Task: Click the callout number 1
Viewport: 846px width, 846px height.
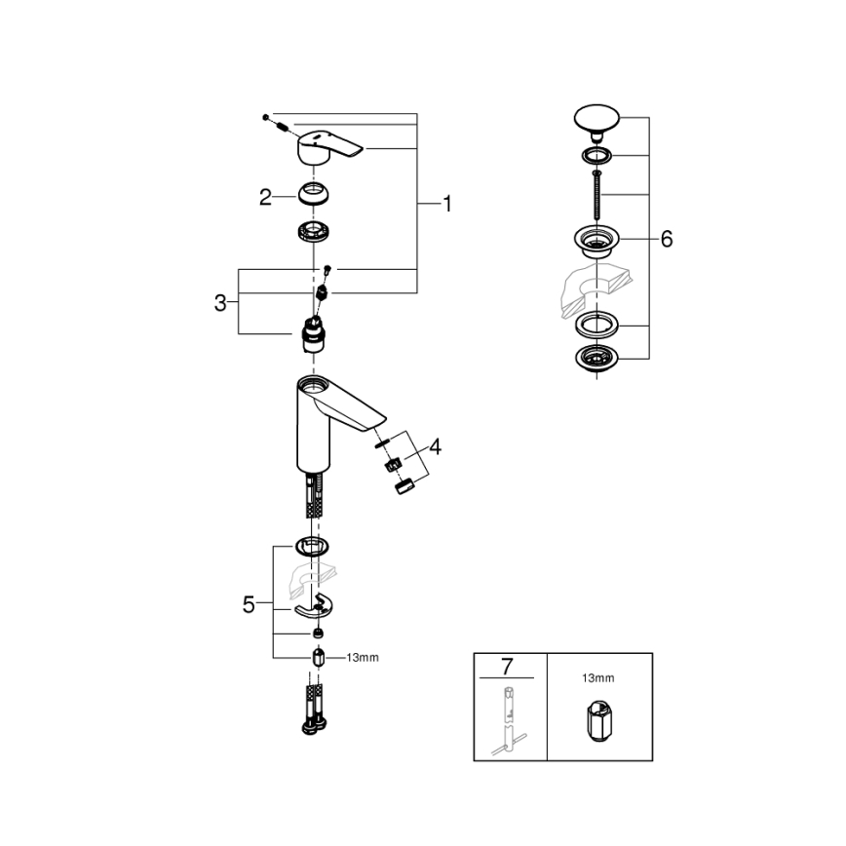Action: coord(446,204)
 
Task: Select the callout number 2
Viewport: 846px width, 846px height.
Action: coord(265,197)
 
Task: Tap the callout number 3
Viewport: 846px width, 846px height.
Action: coord(220,302)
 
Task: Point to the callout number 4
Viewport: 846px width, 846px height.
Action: coord(435,447)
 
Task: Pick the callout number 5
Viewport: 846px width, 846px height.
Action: coord(250,604)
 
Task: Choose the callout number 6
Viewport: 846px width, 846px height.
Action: coord(666,239)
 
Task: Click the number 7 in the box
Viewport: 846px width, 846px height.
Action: coord(506,667)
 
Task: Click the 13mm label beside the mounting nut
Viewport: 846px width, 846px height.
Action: coord(362,658)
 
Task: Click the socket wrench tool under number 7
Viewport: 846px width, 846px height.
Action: coord(510,721)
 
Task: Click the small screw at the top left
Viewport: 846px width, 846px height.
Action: coord(265,117)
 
